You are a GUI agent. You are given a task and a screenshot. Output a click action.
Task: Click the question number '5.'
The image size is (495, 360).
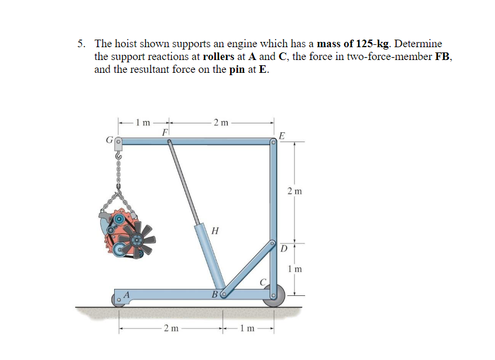83,44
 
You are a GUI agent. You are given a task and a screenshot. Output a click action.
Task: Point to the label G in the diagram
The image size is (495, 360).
108,140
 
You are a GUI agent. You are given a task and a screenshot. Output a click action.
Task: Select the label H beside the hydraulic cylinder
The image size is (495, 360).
215,230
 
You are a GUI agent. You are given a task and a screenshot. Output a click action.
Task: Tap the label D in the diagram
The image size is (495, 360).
284,250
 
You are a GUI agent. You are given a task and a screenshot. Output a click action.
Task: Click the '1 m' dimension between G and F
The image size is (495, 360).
143,122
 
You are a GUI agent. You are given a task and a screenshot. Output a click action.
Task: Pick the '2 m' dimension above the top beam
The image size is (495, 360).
221,122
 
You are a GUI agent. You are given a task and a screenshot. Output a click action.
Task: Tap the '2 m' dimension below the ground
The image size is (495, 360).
171,329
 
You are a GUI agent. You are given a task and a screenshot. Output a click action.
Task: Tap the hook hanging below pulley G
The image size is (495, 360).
119,156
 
